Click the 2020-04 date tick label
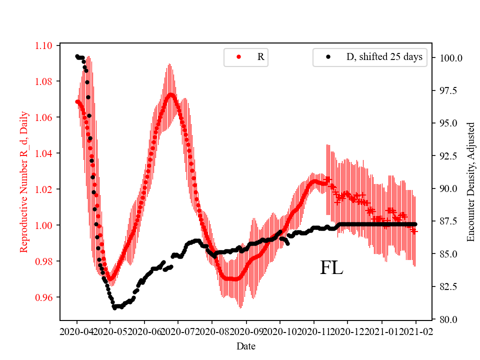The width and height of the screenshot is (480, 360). coord(77,331)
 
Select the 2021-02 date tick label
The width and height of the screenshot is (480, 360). coord(415,331)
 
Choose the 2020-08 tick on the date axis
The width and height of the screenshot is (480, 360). coord(212,331)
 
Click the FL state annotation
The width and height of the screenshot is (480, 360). coord(331,268)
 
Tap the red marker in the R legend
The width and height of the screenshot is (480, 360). coord(239,57)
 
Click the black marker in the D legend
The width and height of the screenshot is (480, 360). coord(328,57)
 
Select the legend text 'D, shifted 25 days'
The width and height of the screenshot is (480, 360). coord(384,57)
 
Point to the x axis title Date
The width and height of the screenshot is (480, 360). coord(246,345)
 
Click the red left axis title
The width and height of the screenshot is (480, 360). coord(23,182)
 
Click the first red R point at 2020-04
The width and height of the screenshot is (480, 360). coord(77,101)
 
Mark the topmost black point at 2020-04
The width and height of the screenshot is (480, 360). coord(77,56)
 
